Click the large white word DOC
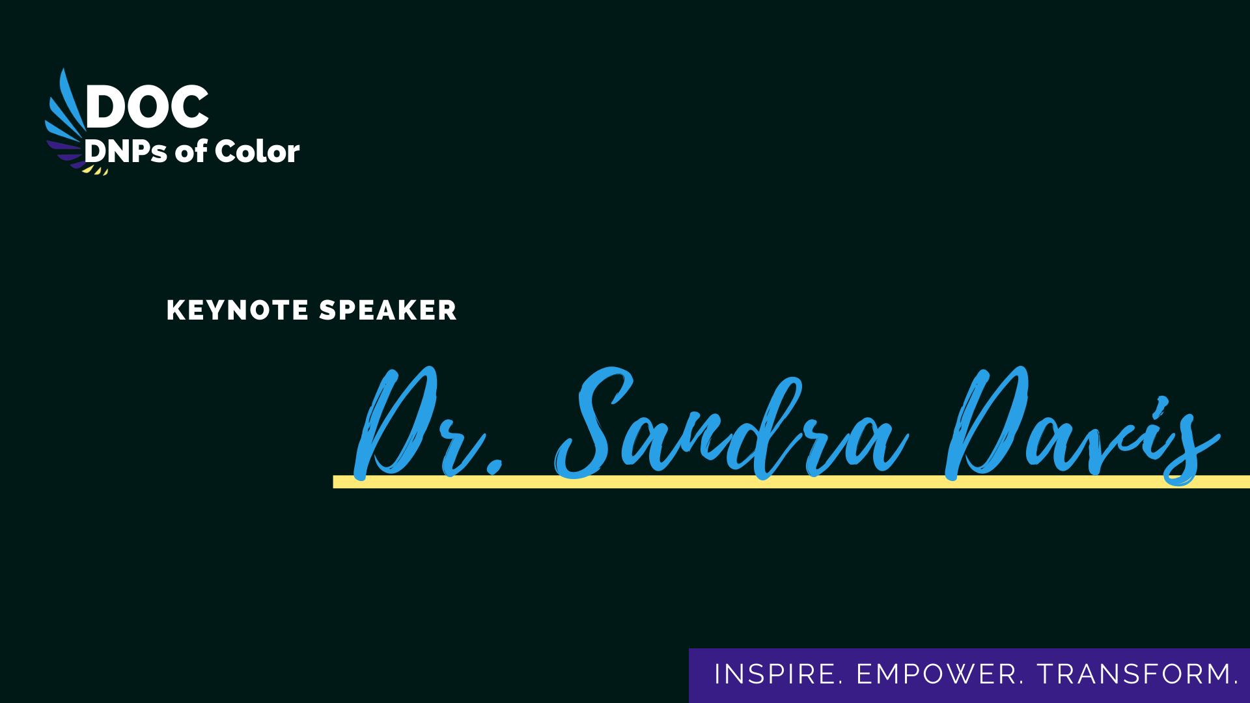[147, 106]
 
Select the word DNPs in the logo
[126, 152]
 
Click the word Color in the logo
[257, 151]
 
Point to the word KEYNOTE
[238, 310]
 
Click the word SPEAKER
[388, 310]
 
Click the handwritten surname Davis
[1083, 426]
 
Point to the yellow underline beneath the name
[791, 482]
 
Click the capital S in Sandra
[589, 423]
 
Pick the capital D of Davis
[986, 423]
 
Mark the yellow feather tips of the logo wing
[95, 171]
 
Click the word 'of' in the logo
[191, 151]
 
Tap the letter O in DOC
[146, 106]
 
